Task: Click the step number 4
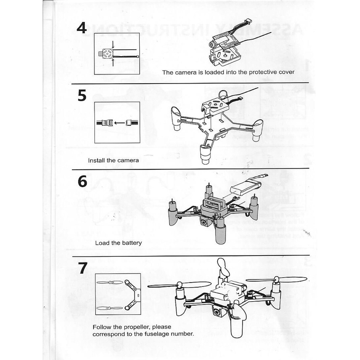tap(81, 27)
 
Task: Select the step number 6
tap(82, 181)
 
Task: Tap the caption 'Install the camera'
tap(113, 160)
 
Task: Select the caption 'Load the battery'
tap(118, 242)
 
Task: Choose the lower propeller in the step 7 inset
tap(110, 308)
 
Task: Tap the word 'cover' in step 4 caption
tap(286, 72)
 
